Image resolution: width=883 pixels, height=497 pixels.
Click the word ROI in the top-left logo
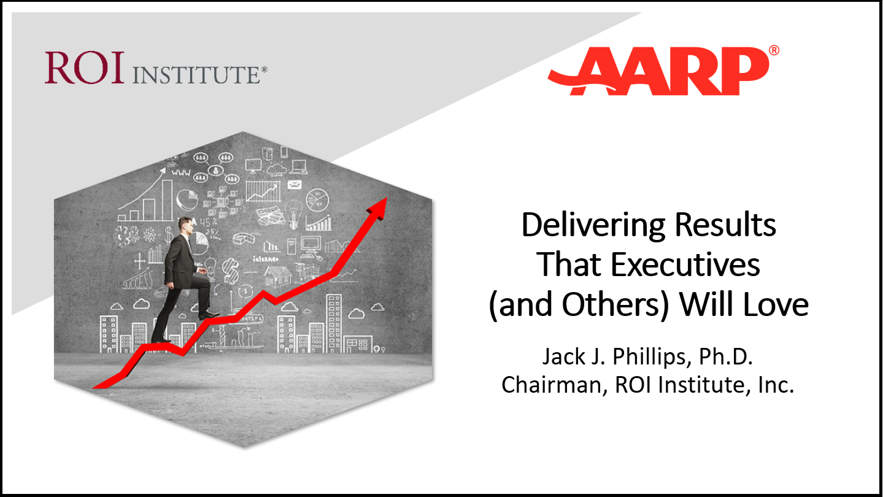click(x=84, y=67)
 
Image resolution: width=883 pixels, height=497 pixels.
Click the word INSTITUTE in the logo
click(x=196, y=75)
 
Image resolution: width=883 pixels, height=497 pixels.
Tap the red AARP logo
click(x=658, y=71)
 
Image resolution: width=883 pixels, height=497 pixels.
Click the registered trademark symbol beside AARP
click(x=774, y=50)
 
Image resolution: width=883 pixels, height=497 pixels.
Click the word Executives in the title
click(x=685, y=265)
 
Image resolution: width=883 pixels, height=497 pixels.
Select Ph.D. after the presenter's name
click(x=726, y=356)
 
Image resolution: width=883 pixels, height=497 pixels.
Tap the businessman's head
click(x=185, y=225)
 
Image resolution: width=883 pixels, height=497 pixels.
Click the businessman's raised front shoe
click(x=209, y=315)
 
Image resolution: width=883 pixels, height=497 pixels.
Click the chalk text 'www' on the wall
click(x=181, y=172)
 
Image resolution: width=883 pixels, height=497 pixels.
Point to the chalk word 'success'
click(x=137, y=281)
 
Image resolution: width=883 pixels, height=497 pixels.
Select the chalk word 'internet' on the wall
click(x=266, y=259)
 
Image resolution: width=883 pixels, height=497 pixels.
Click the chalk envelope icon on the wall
click(x=295, y=185)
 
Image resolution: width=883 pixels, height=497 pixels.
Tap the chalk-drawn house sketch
click(x=279, y=275)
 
